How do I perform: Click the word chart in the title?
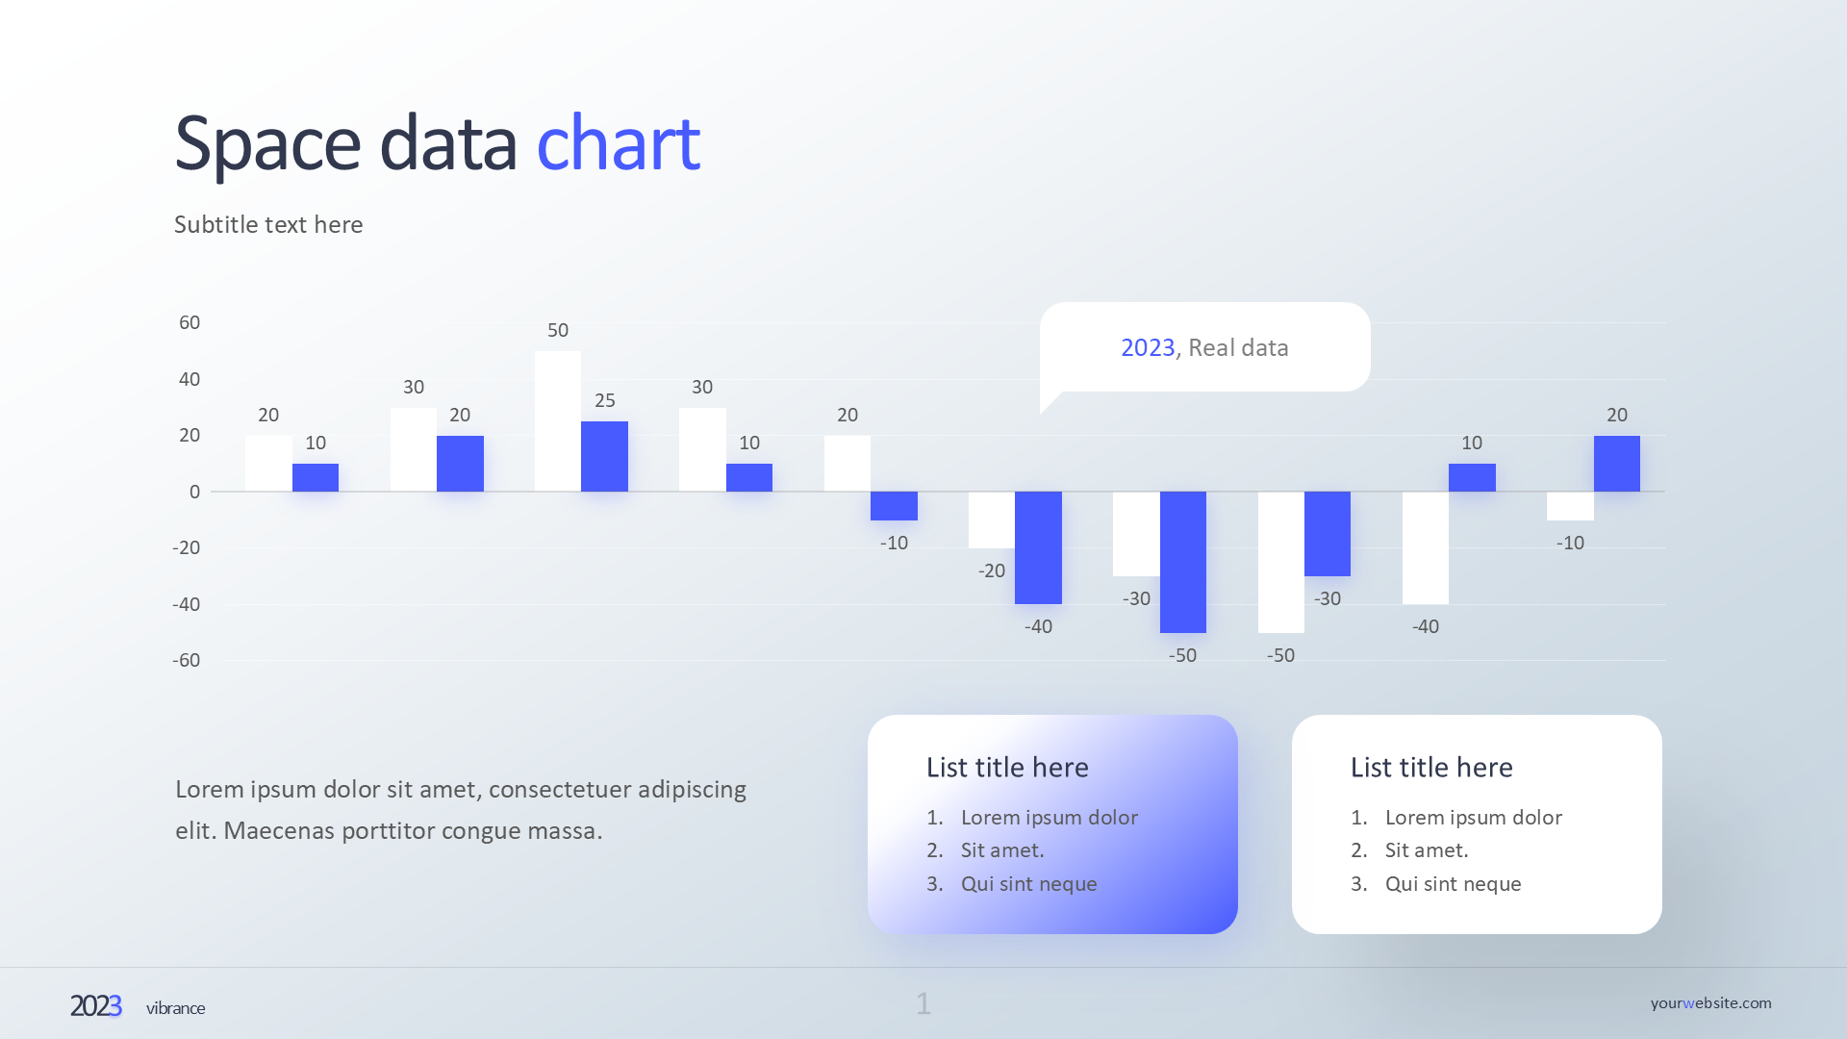[618, 144]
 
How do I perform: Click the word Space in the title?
[267, 144]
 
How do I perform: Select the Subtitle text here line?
[268, 225]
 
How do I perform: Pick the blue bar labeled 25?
[604, 456]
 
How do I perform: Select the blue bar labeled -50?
[1182, 562]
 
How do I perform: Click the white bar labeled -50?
[1280, 562]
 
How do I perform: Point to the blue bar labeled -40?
[1038, 547]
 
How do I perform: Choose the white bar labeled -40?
[1425, 547]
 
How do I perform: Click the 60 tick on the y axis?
[190, 323]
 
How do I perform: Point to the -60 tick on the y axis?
[187, 661]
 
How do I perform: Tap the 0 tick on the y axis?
[194, 493]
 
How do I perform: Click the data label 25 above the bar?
[604, 401]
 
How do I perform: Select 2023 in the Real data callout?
[1148, 348]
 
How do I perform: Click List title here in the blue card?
[1007, 768]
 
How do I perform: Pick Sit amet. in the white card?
[1426, 850]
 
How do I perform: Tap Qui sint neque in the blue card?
[1028, 884]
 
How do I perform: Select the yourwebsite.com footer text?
[1710, 1003]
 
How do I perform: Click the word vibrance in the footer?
[175, 1008]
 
